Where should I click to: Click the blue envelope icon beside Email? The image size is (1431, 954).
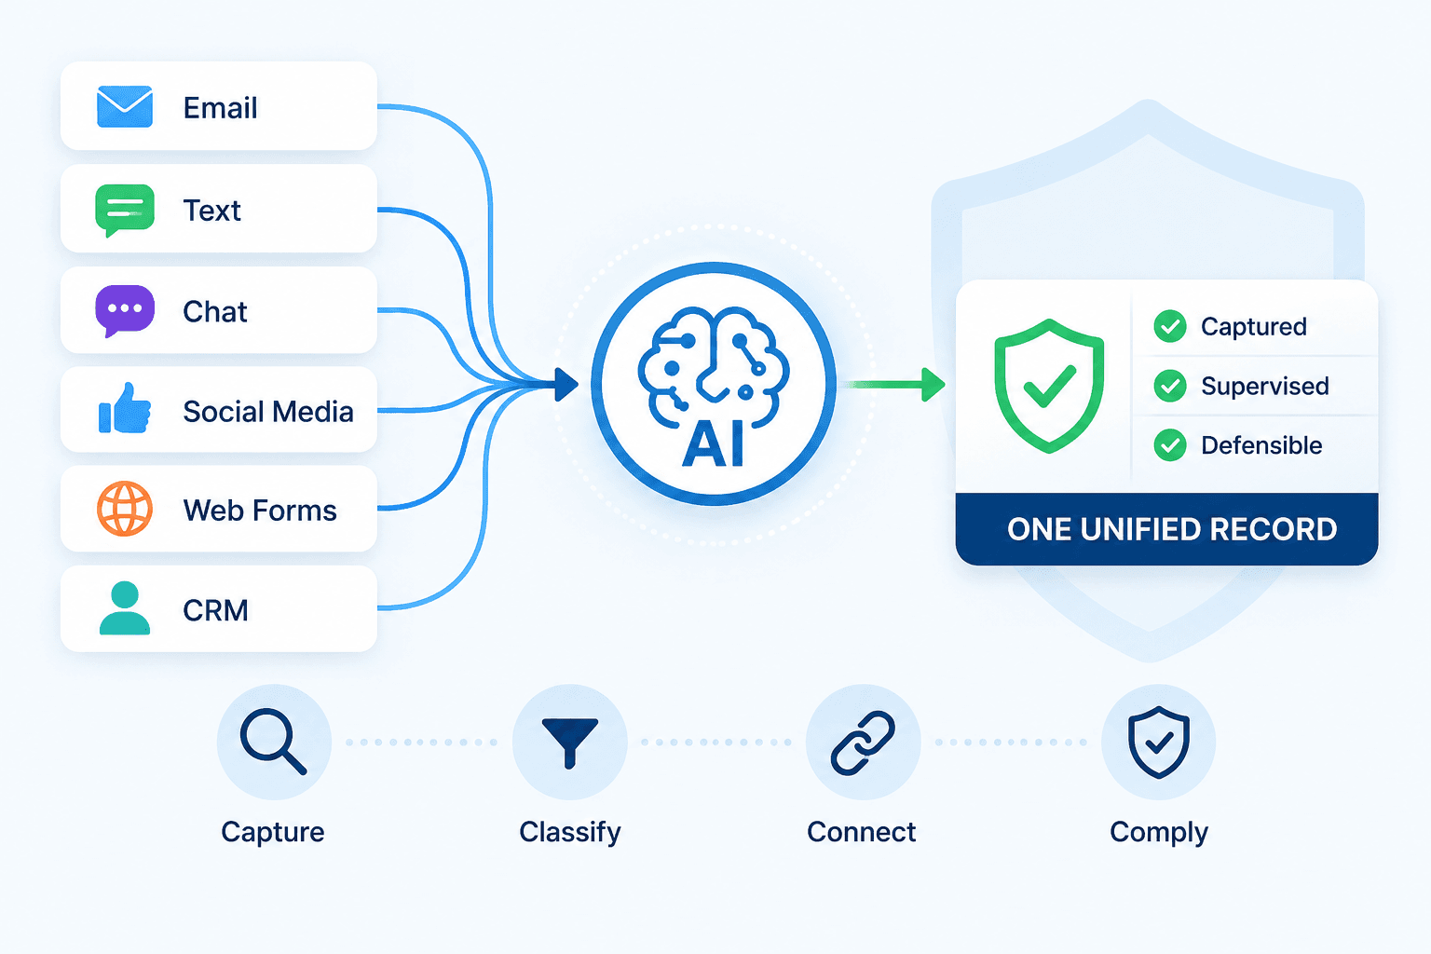[x=125, y=107]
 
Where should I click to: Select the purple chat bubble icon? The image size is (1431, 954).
[x=125, y=310]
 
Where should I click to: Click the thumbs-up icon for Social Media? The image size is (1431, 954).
[x=125, y=408]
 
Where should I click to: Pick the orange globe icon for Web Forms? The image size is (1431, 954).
[x=125, y=509]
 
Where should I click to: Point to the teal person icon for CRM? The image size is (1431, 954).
[x=125, y=607]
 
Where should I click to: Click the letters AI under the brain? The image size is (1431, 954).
[x=713, y=445]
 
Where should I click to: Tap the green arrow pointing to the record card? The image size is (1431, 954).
[x=893, y=385]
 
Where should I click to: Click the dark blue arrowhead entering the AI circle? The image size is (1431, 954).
[x=566, y=385]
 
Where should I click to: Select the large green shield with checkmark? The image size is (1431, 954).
[x=1049, y=386]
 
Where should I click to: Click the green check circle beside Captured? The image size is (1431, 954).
[x=1170, y=326]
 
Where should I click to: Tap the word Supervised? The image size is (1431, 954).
[x=1265, y=386]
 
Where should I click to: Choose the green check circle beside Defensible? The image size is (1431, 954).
[x=1170, y=445]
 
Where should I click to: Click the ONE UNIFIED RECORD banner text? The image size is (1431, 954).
[x=1172, y=529]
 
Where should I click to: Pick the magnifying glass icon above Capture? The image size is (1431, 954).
[x=273, y=742]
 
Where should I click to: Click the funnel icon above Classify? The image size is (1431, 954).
[x=570, y=742]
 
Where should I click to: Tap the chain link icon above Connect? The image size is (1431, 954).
[x=863, y=743]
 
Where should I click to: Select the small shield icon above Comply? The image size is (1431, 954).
[x=1158, y=743]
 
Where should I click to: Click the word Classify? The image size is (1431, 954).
[x=570, y=833]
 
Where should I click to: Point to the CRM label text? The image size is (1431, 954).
[x=215, y=610]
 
